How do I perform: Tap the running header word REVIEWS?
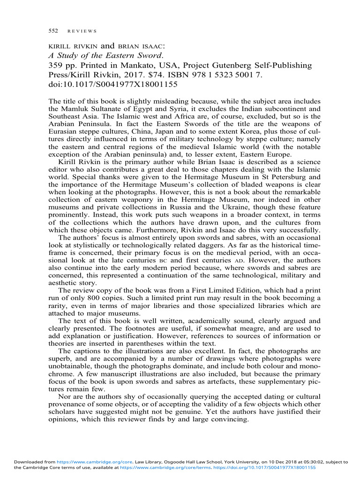82,31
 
